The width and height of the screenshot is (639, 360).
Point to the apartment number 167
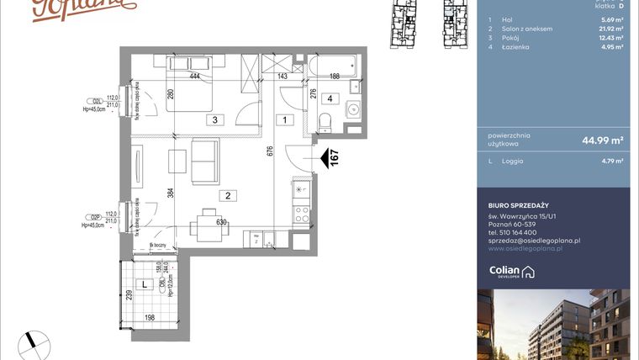[x=335, y=159]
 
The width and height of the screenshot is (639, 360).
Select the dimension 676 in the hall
[x=269, y=152]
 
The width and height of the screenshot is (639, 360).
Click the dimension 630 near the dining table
[x=222, y=223]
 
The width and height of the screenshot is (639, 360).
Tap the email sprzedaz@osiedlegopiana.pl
[x=534, y=241]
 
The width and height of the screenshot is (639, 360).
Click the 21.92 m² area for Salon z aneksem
[x=610, y=29]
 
